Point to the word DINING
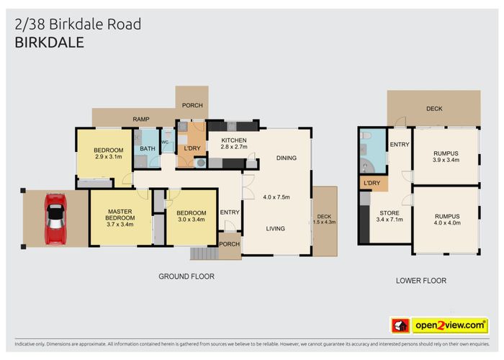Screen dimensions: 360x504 tap(287, 158)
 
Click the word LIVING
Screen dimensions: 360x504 tap(274, 229)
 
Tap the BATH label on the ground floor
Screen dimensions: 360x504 tap(147, 149)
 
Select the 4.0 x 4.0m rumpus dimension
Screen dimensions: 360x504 tap(447, 222)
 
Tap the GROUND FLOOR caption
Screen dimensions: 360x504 tap(186, 276)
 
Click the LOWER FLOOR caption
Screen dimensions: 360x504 tap(421, 281)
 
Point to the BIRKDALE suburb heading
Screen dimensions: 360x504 tap(49, 42)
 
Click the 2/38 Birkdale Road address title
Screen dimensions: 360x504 tap(78, 24)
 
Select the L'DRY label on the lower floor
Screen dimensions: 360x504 tap(372, 183)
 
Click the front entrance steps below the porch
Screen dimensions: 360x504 tap(203, 253)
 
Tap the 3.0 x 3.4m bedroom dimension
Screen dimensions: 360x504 tap(192, 220)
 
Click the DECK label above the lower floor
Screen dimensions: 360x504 tap(433, 109)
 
